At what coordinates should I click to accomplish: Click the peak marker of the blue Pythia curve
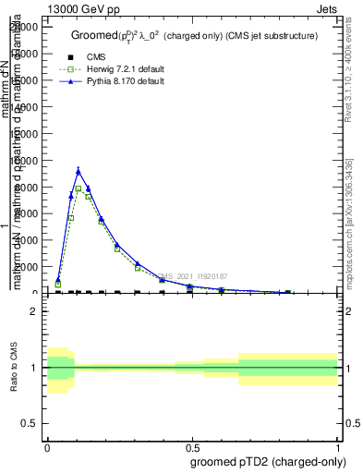(79, 170)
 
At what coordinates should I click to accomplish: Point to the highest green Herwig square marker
(79, 188)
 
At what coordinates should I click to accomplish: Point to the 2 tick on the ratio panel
(33, 311)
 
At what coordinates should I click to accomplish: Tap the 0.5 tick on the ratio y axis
(30, 423)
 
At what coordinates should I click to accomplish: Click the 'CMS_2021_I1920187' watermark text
(192, 276)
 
